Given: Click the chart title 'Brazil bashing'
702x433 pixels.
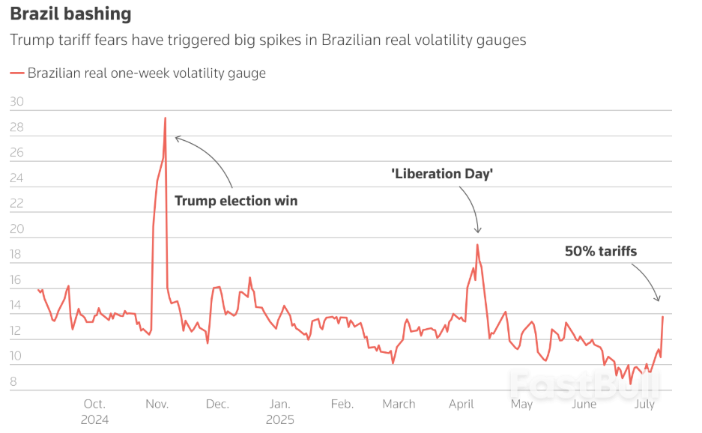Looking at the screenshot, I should click(x=70, y=13).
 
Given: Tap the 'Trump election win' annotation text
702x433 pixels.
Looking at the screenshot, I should click(x=236, y=201).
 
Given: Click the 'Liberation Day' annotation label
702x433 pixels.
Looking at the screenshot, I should click(x=442, y=174).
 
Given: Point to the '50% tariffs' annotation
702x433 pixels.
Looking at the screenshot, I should click(x=601, y=251).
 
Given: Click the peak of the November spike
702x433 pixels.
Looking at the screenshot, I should click(x=165, y=118).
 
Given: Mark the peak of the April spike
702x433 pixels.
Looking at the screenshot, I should click(x=477, y=245).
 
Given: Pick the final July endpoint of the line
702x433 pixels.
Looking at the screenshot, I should click(x=662, y=316).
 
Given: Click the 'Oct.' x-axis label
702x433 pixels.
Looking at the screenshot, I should click(x=94, y=404).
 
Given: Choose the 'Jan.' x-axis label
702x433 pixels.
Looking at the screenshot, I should click(x=279, y=404).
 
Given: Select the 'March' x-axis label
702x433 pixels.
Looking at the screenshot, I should click(x=399, y=404).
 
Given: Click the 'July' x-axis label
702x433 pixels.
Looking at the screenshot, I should click(x=644, y=404).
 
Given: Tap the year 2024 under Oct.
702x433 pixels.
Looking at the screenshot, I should click(x=94, y=420).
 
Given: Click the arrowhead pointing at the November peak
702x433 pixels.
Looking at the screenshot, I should click(x=177, y=138).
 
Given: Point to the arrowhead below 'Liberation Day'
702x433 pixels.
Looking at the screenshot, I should click(x=478, y=230).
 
